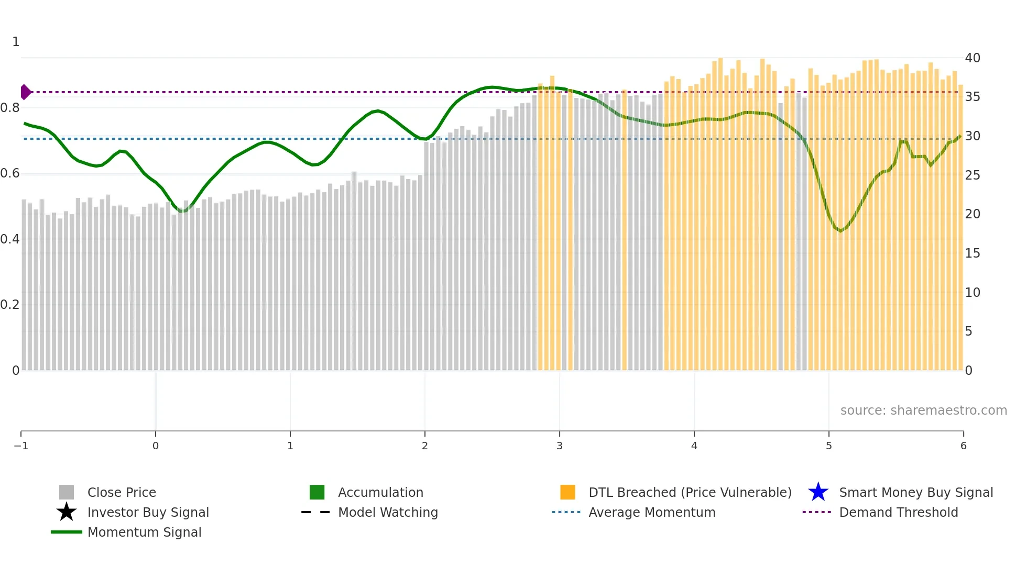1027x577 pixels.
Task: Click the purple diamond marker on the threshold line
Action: pyautogui.click(x=25, y=92)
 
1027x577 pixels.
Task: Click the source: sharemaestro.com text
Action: pyautogui.click(x=923, y=410)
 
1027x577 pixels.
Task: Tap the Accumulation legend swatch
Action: pyautogui.click(x=317, y=493)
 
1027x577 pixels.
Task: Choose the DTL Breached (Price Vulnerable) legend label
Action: pyautogui.click(x=690, y=493)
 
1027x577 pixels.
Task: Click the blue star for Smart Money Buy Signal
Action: pyautogui.click(x=818, y=493)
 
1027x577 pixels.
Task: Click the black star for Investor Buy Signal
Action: pyautogui.click(x=67, y=513)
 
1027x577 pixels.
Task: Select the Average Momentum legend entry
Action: pyautogui.click(x=651, y=513)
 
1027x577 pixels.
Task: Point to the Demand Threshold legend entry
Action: pyautogui.click(x=898, y=513)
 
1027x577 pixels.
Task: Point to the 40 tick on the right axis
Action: pyautogui.click(x=973, y=58)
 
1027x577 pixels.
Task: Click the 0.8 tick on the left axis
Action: pyautogui.click(x=10, y=108)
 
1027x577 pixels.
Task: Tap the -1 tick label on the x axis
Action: pyautogui.click(x=21, y=446)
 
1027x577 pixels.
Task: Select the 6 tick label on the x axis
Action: pyautogui.click(x=963, y=446)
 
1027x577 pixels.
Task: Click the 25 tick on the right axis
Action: pyautogui.click(x=973, y=175)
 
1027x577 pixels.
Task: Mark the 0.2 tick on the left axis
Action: pyautogui.click(x=10, y=305)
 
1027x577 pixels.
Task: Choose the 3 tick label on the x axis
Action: pyautogui.click(x=560, y=446)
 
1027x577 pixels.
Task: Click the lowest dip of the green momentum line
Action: pyautogui.click(x=840, y=231)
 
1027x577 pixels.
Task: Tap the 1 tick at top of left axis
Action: pyautogui.click(x=16, y=42)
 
